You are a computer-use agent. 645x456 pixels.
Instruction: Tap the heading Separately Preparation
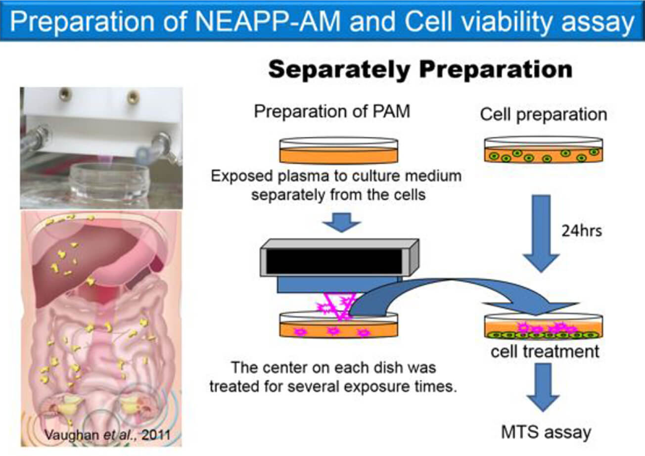[x=420, y=70]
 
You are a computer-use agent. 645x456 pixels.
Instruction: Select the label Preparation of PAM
[x=332, y=111]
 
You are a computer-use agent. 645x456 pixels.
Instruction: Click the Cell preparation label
[x=544, y=115]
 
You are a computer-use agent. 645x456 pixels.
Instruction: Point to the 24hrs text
[x=582, y=231]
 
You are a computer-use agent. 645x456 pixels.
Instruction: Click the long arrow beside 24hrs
[x=541, y=233]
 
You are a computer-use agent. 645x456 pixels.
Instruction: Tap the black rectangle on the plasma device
[x=334, y=262]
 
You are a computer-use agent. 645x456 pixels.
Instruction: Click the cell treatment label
[x=545, y=352]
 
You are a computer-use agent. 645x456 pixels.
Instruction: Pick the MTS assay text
[x=546, y=432]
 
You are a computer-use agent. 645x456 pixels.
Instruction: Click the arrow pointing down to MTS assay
[x=543, y=387]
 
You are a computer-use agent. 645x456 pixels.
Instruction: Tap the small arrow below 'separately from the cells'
[x=341, y=222]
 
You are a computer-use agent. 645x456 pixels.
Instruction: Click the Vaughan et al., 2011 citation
[x=107, y=434]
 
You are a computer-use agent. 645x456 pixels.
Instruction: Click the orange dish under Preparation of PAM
[x=339, y=150]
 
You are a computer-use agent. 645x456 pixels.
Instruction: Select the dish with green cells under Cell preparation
[x=544, y=150]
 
